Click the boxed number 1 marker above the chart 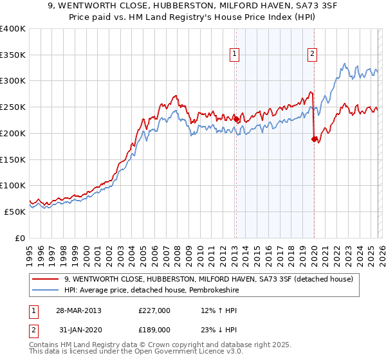click(x=235, y=55)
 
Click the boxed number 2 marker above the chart click(x=312, y=55)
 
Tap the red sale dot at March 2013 click(x=236, y=119)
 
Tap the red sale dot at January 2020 click(x=314, y=139)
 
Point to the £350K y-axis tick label click(x=13, y=55)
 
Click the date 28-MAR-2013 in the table click(x=78, y=310)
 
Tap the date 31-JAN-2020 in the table click(x=78, y=332)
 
